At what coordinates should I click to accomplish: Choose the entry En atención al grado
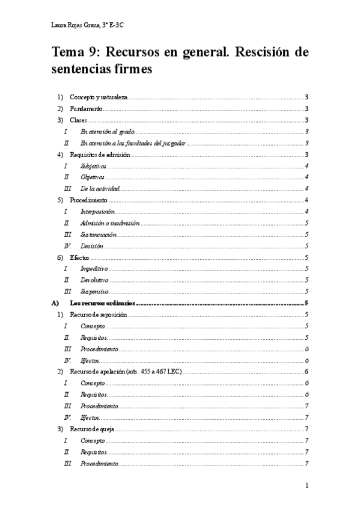point(108,132)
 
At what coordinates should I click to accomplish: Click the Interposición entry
point(97,212)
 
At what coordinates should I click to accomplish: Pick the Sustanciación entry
point(99,235)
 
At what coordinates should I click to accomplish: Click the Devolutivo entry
point(94,280)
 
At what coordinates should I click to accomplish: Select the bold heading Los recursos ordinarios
point(103,303)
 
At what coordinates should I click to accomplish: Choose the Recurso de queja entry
point(91,429)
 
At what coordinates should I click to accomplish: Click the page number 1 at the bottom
point(307,485)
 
